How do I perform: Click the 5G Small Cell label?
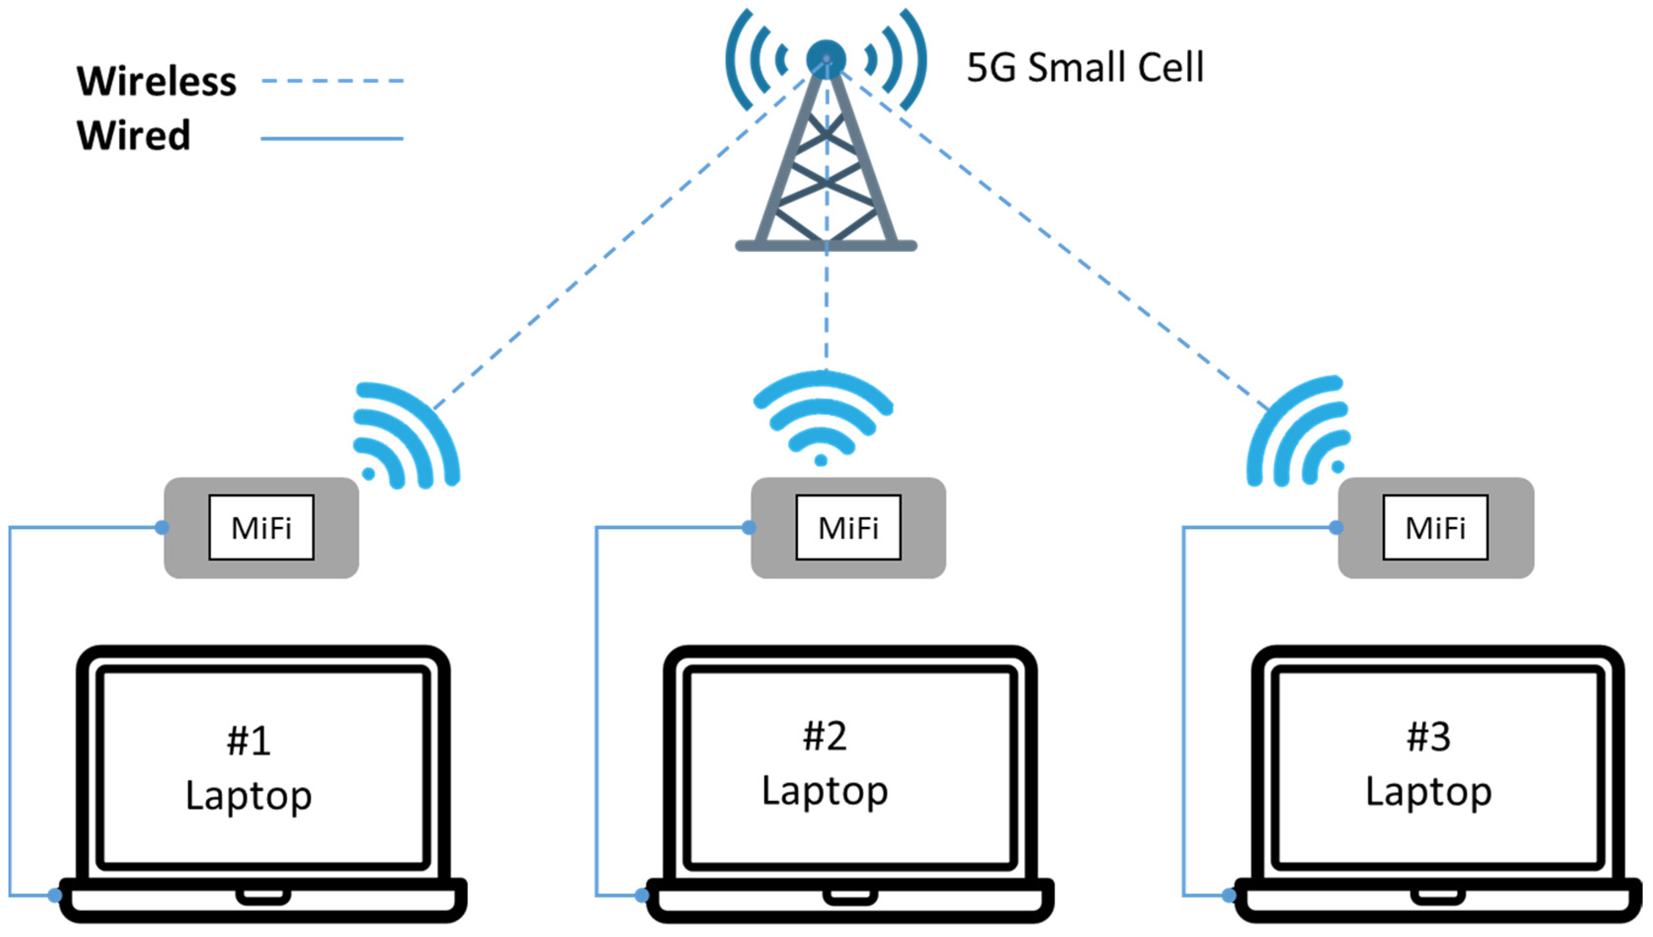tap(1085, 67)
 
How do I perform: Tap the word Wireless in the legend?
tap(156, 81)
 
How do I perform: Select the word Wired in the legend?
tap(133, 135)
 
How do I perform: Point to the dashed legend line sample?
tap(332, 81)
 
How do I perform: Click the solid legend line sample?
tap(332, 138)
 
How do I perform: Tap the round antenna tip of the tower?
tap(826, 59)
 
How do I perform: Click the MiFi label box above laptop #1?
tap(261, 528)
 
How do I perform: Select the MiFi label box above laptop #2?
tap(848, 528)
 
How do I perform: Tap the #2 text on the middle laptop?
tap(825, 735)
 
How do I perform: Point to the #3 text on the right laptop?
tap(1428, 737)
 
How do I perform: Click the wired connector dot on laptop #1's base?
tap(55, 895)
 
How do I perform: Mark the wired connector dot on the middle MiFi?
tap(748, 528)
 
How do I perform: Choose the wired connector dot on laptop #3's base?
tap(1229, 895)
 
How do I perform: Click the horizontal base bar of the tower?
tap(826, 245)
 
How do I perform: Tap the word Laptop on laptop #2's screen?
tap(825, 791)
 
